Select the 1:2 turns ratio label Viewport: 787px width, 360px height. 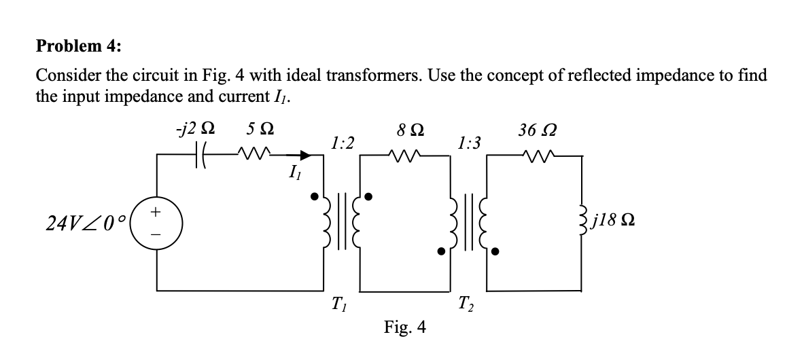[x=342, y=143]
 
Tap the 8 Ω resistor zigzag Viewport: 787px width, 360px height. [x=404, y=155]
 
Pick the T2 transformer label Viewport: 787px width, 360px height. [x=467, y=302]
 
